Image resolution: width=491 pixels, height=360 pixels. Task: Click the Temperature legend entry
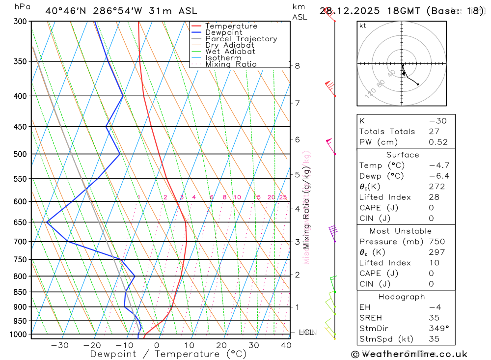point(231,26)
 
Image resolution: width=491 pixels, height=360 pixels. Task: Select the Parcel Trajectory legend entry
point(241,39)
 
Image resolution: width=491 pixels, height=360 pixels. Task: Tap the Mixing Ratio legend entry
point(231,64)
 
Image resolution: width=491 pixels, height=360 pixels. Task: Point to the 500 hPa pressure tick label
point(21,154)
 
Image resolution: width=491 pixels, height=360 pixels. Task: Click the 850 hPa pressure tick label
point(21,292)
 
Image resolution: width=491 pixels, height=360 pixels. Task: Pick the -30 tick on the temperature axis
point(59,345)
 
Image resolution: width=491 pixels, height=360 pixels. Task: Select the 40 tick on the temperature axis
point(286,345)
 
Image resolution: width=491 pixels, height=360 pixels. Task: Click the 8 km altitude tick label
point(297,66)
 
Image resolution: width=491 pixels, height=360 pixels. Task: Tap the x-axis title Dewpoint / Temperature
point(162,354)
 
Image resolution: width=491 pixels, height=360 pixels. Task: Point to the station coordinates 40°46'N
point(66,11)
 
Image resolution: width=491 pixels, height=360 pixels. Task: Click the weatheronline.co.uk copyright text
point(409,354)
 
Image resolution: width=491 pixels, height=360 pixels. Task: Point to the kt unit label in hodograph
point(363,26)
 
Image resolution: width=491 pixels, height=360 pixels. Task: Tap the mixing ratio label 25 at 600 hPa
point(283,197)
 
